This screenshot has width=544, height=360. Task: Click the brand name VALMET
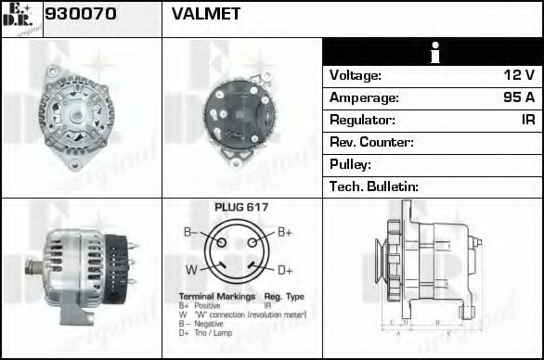(206, 14)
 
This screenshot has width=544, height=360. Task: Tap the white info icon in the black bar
(433, 52)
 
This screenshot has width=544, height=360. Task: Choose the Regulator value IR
(526, 120)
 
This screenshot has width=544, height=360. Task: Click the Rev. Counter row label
(371, 142)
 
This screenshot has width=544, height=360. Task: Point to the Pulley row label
(351, 164)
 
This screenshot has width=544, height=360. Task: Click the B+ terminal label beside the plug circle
(285, 232)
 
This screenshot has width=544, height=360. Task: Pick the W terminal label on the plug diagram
(189, 270)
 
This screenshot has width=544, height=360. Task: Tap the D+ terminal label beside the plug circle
(285, 270)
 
